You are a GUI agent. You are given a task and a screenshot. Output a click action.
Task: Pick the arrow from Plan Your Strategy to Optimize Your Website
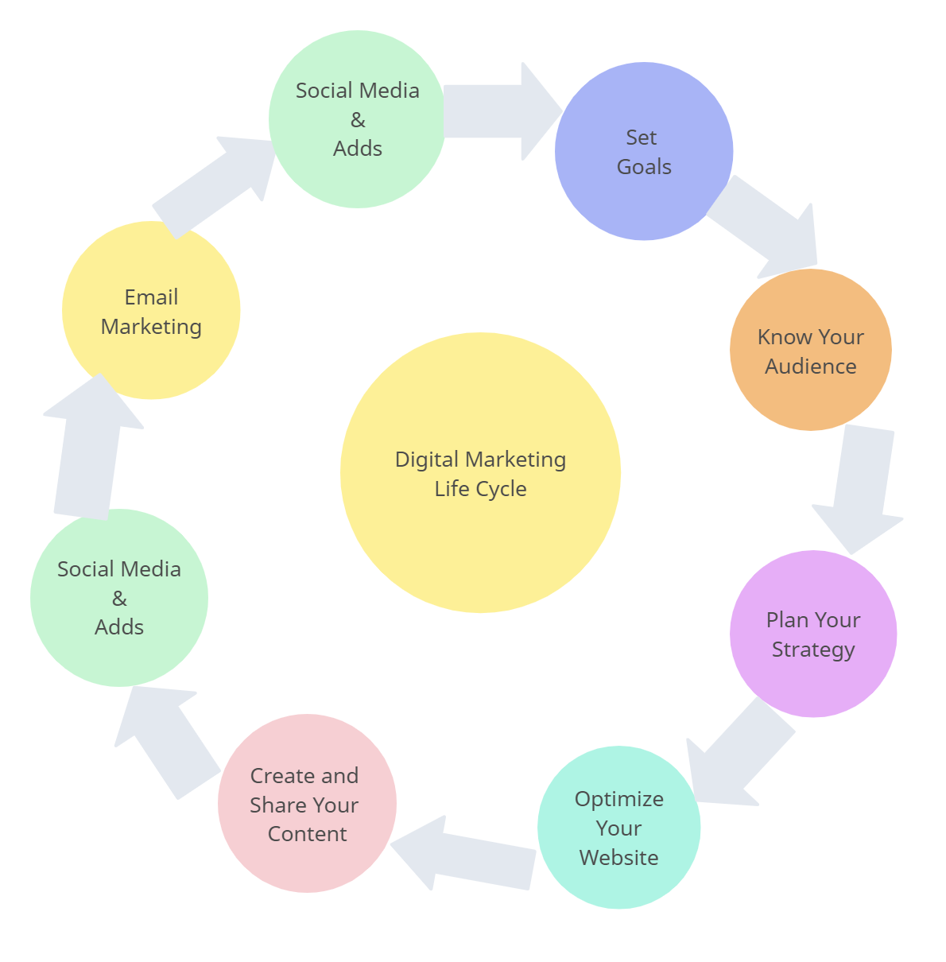(x=735, y=755)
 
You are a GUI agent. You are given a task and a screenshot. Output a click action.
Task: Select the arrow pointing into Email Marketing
(x=91, y=449)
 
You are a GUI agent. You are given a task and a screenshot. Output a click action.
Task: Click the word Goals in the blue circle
(x=644, y=167)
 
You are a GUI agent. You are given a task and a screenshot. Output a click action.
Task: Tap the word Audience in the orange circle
(x=810, y=367)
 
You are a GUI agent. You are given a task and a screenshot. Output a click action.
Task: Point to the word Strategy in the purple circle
(x=813, y=650)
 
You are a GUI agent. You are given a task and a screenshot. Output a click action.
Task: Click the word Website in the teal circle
(x=618, y=858)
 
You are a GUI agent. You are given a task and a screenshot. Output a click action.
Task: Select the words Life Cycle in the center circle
(x=480, y=489)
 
